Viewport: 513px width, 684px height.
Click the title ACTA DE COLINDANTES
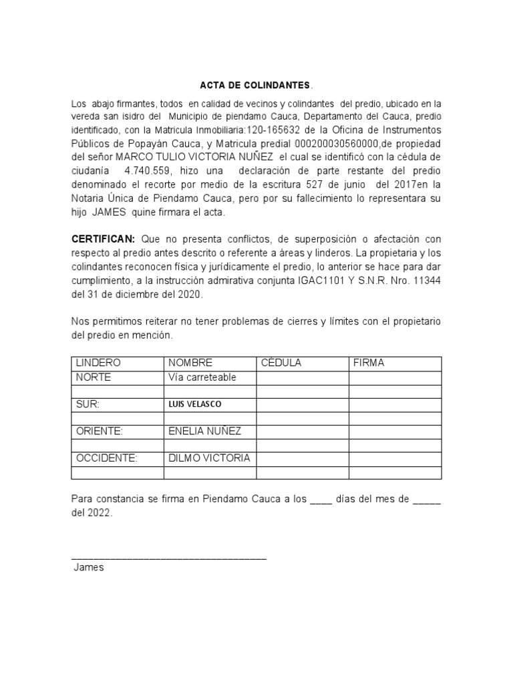[256, 86]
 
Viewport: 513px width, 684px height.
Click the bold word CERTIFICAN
[103, 239]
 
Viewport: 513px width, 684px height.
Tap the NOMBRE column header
[190, 363]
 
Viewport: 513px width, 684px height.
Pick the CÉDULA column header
[281, 363]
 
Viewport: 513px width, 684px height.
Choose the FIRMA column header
[369, 363]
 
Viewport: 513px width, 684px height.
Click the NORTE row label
[94, 377]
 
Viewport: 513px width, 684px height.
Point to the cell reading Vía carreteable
[202, 377]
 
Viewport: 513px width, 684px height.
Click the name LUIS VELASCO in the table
[195, 404]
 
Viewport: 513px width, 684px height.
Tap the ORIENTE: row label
[100, 431]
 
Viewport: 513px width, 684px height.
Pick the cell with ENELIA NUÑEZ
[204, 431]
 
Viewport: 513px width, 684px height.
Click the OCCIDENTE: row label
[106, 458]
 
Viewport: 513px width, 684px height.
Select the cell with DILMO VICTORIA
[209, 458]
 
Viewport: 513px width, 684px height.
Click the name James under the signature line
[89, 568]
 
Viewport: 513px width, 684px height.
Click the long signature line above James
[169, 557]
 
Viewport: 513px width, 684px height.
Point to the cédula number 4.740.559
[148, 170]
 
